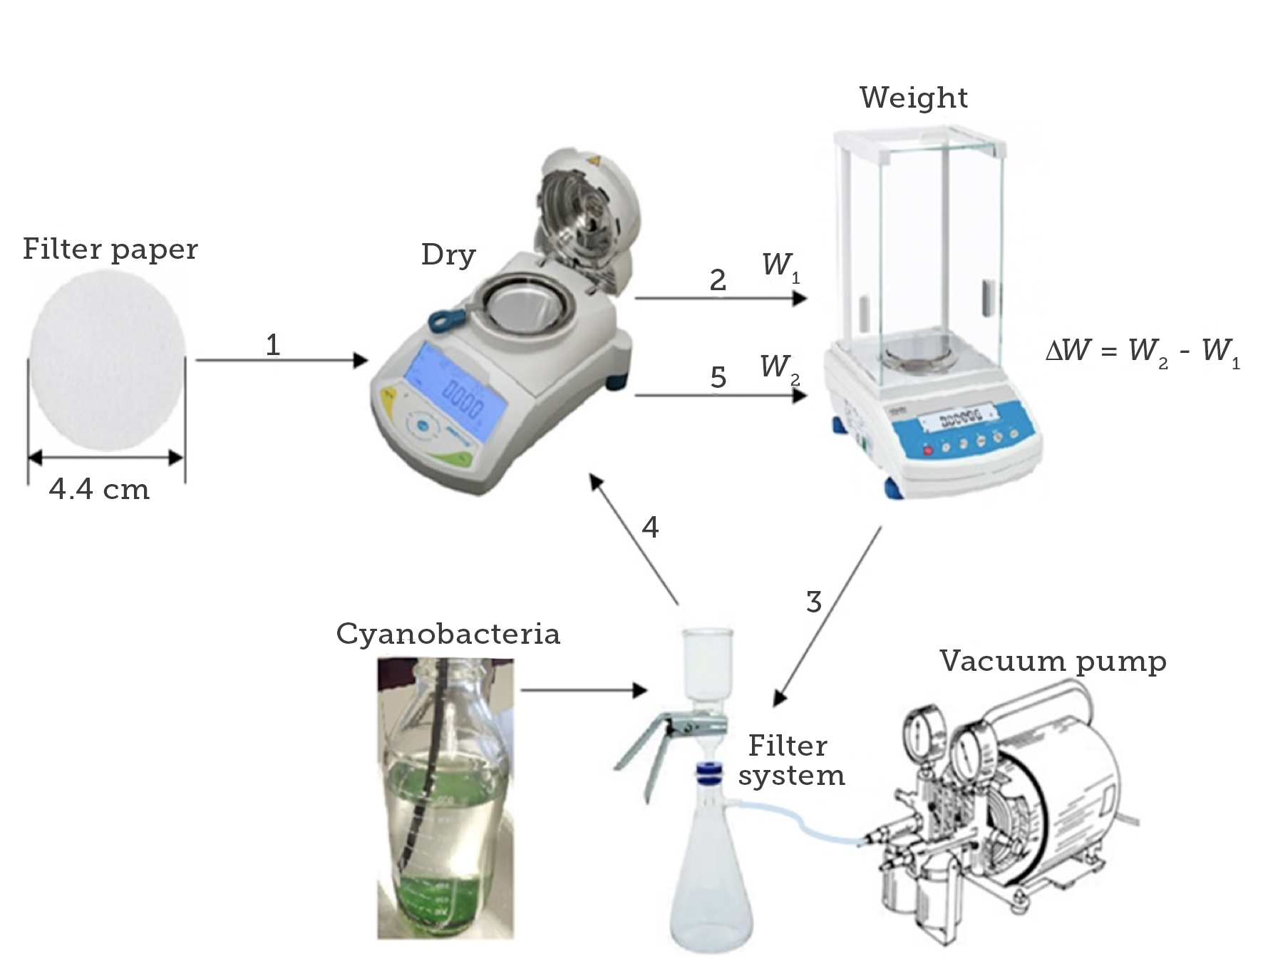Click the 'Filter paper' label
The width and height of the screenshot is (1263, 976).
(110, 250)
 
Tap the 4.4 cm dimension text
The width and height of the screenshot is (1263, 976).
(99, 490)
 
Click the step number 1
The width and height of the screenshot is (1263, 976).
(272, 346)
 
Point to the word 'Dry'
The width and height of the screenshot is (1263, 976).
(448, 255)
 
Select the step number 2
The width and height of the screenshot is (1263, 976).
(718, 280)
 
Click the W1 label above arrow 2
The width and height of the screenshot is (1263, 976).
(780, 266)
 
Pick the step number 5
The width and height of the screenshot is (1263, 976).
(718, 377)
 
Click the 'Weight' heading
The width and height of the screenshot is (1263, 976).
(913, 98)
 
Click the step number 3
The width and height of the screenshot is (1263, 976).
(813, 602)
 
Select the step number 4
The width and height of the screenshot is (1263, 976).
(650, 528)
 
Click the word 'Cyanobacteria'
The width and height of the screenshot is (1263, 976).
(448, 634)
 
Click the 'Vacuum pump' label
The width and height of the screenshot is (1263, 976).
(1052, 661)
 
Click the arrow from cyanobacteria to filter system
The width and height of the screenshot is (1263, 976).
(583, 690)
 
